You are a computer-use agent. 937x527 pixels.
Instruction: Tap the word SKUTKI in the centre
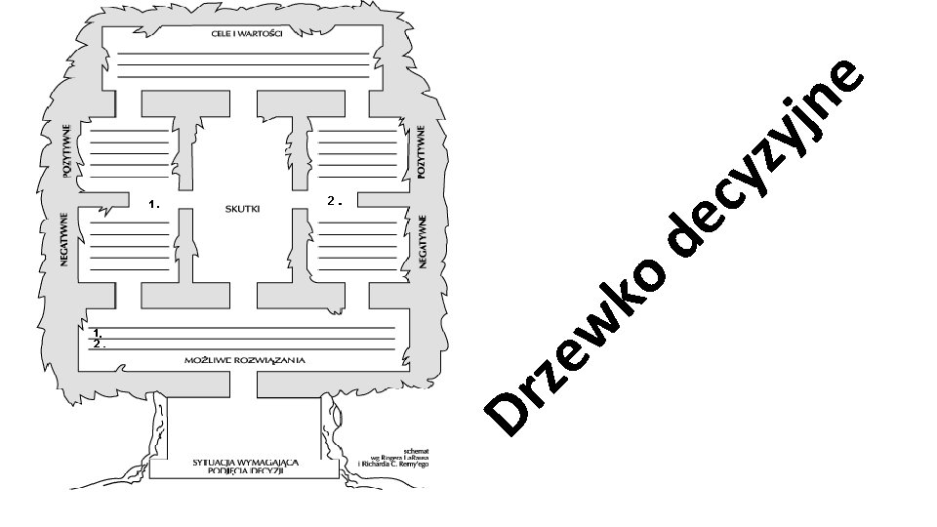(x=242, y=208)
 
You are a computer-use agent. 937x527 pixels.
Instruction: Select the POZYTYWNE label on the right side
(x=422, y=151)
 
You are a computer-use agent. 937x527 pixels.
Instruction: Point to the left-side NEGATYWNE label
(x=64, y=239)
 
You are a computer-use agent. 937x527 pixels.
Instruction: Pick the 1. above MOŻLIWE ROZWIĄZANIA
(x=99, y=334)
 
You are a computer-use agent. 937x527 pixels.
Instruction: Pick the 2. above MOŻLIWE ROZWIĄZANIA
(x=99, y=345)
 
